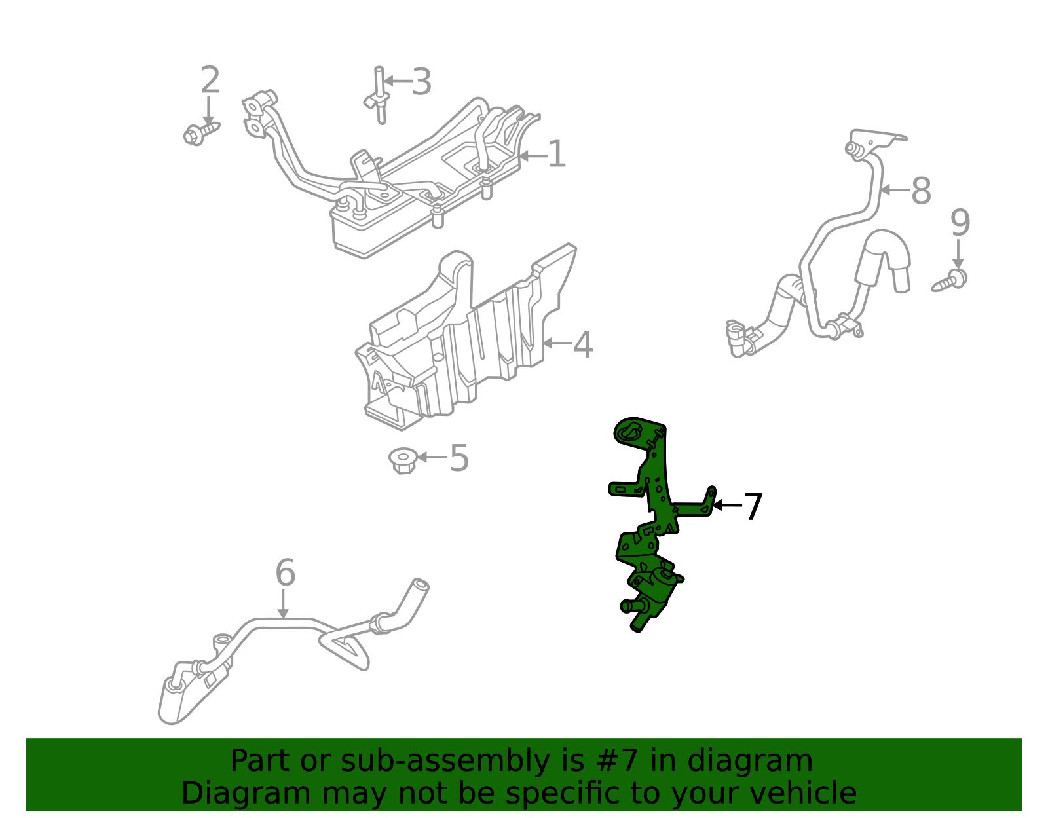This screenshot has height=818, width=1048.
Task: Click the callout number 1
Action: tap(556, 155)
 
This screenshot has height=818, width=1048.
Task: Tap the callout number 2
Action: tap(210, 81)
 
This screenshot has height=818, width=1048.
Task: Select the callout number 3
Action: tap(421, 83)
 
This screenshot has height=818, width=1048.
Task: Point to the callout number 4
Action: tap(582, 344)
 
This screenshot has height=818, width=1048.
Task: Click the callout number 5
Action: tap(458, 458)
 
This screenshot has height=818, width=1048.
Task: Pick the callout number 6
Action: tap(285, 573)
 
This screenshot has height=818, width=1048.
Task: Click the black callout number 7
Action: tap(753, 507)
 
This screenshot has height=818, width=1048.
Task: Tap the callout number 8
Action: tap(921, 191)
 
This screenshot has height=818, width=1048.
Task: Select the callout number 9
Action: tap(960, 223)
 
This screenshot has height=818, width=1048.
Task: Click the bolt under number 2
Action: tap(200, 133)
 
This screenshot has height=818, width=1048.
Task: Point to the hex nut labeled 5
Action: tap(403, 460)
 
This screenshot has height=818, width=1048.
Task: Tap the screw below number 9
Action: tap(950, 281)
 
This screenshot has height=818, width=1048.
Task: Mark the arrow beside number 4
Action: tap(556, 343)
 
